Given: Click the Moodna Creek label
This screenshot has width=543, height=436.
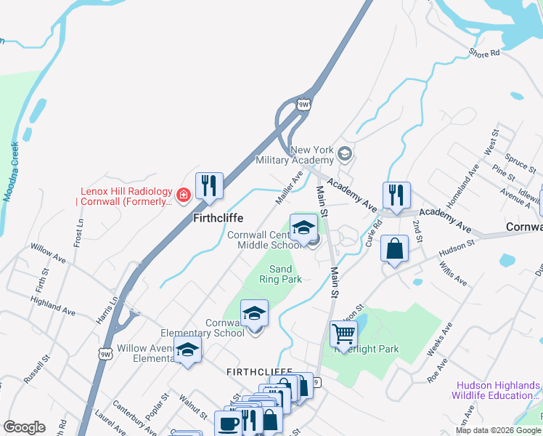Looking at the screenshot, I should [x=9, y=171].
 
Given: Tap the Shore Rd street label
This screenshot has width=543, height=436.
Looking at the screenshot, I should [x=484, y=53].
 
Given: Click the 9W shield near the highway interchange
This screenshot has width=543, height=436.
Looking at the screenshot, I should [x=304, y=104].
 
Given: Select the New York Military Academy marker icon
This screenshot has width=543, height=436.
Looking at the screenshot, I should [x=344, y=154].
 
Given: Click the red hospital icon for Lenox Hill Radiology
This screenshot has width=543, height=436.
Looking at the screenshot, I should [x=183, y=194].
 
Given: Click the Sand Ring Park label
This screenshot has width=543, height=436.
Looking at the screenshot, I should [x=276, y=274].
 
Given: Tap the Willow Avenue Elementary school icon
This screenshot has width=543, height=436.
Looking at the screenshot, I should [x=187, y=350].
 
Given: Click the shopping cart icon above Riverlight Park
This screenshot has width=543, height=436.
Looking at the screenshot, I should [x=343, y=334].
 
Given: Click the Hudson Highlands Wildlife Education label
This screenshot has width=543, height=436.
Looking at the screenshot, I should [x=497, y=390].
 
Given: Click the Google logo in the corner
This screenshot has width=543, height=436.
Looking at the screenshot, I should [x=24, y=427].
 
